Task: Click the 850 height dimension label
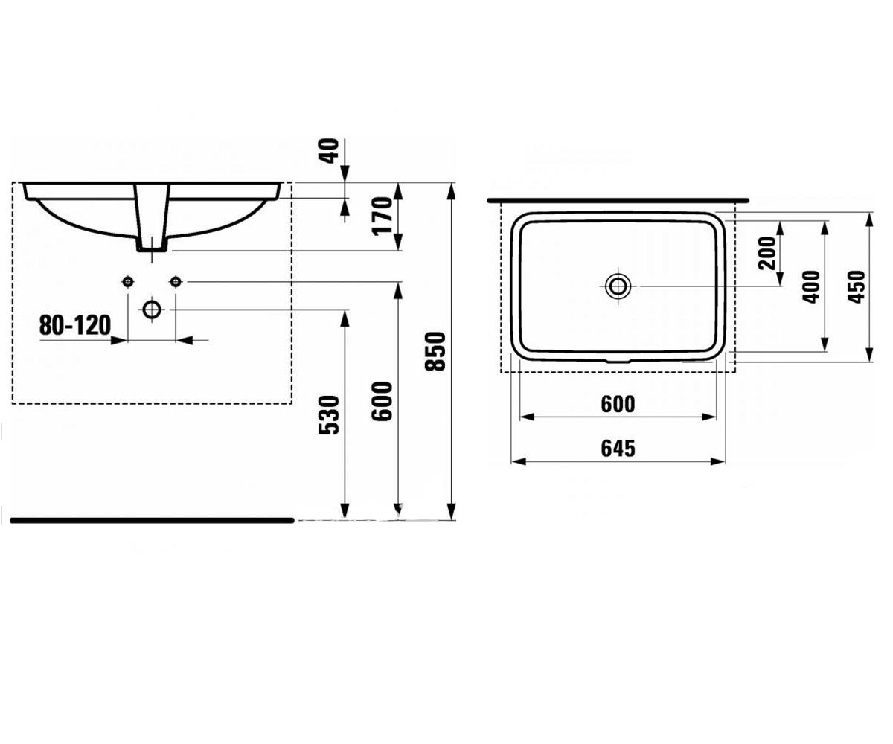435,351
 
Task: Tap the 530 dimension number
329,415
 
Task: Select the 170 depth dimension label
383,217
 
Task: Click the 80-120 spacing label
75,325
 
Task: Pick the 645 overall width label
618,449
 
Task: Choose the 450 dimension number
857,287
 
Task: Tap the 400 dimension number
811,287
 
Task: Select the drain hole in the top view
618,286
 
